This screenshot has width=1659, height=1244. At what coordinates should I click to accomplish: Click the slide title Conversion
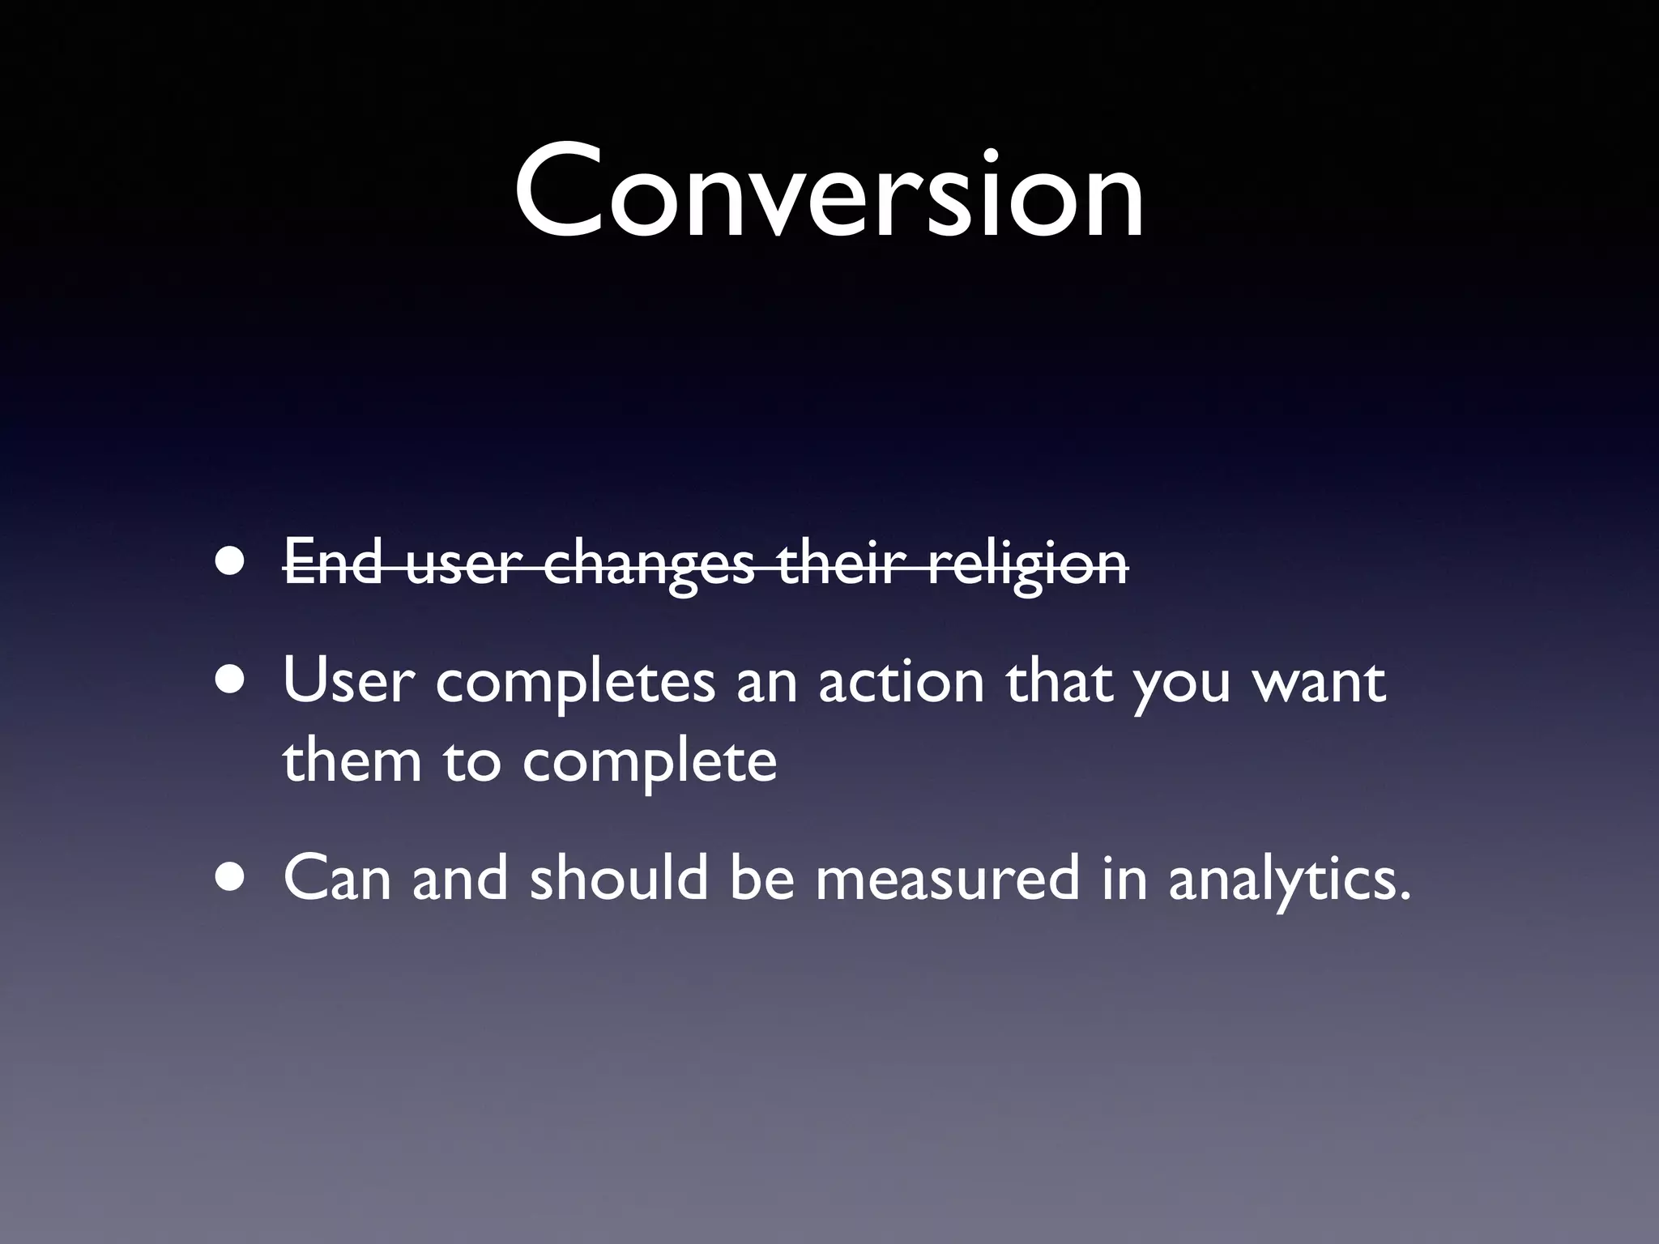[x=829, y=193]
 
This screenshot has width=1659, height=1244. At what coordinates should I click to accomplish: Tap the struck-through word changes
[x=648, y=564]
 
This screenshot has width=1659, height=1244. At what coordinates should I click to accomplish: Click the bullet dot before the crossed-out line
[x=232, y=562]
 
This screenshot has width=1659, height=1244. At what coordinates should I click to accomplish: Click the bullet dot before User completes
[x=232, y=680]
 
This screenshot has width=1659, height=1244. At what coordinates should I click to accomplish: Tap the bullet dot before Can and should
[x=232, y=878]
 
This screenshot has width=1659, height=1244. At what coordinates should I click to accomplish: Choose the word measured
[x=947, y=879]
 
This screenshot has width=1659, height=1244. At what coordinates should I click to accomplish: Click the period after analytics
[x=1405, y=897]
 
